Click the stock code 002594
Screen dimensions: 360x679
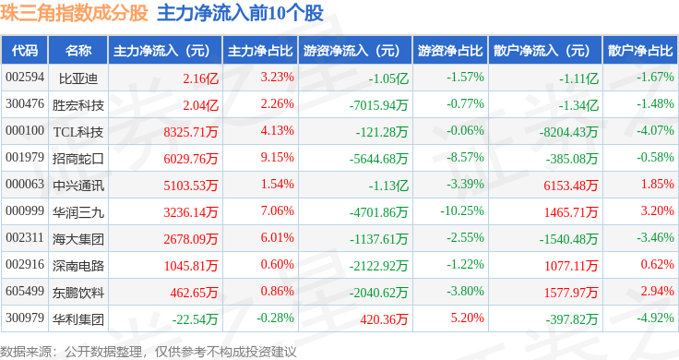pyautogui.click(x=25, y=78)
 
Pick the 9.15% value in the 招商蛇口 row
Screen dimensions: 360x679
pyautogui.click(x=277, y=158)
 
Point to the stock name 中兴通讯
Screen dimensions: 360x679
pyautogui.click(x=78, y=185)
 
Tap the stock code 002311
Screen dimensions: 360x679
pyautogui.click(x=25, y=238)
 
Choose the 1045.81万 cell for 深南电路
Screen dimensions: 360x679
pyautogui.click(x=190, y=266)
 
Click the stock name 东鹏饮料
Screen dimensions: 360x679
pyautogui.click(x=78, y=293)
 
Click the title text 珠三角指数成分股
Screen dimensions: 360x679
pyautogui.click(x=75, y=15)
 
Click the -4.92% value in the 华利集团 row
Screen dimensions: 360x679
pyautogui.click(x=655, y=319)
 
